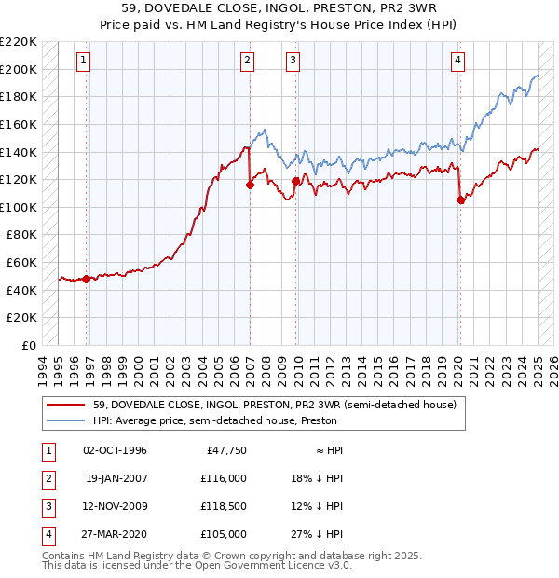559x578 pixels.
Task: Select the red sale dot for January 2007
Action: click(250, 186)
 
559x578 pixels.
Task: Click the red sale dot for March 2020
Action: click(460, 199)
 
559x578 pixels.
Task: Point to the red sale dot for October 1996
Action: click(86, 279)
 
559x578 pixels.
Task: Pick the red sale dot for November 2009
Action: click(295, 181)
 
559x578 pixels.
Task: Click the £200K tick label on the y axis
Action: click(19, 69)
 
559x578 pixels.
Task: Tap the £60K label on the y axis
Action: click(22, 263)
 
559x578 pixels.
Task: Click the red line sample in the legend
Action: click(66, 405)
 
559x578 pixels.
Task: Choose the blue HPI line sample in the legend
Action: click(66, 420)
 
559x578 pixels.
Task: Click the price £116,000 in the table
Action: click(223, 478)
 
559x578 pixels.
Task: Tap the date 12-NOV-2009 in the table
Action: click(116, 506)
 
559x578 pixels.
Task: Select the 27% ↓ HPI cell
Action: click(317, 534)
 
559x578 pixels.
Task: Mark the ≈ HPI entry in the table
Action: click(325, 450)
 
